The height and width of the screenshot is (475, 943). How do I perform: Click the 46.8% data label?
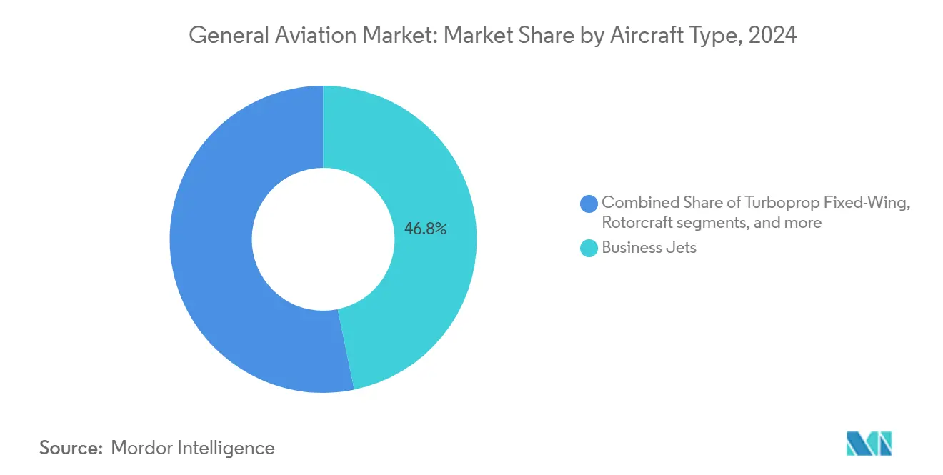(x=425, y=229)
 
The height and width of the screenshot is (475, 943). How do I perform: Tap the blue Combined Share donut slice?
(x=214, y=243)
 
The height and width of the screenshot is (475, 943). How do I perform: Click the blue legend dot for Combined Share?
(x=589, y=204)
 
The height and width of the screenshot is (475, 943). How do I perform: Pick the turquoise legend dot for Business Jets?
(x=589, y=249)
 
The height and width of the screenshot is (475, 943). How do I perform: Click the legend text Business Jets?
(x=649, y=249)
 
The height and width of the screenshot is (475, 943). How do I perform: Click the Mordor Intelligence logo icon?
(x=869, y=444)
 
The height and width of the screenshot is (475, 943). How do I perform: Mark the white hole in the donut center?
(x=323, y=239)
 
